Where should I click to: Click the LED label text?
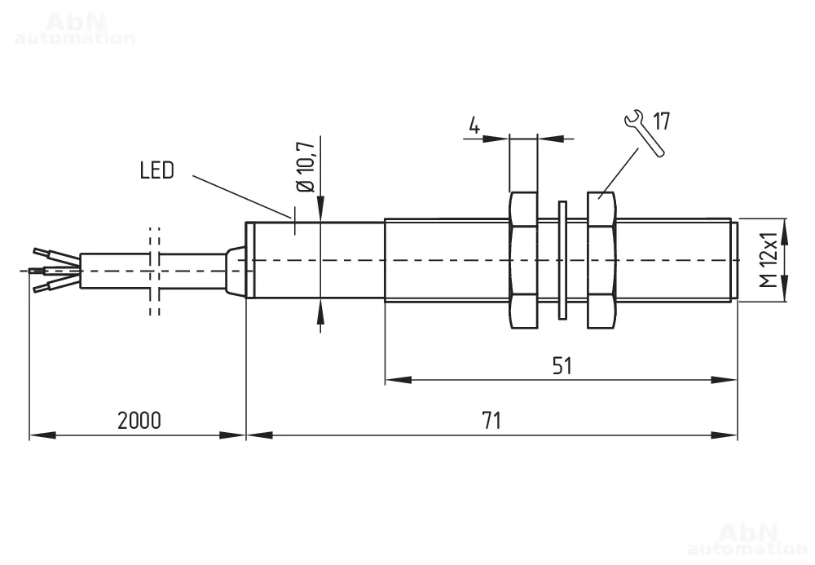pyautogui.click(x=156, y=170)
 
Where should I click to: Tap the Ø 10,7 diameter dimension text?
pyautogui.click(x=306, y=168)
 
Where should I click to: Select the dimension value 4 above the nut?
pyautogui.click(x=474, y=126)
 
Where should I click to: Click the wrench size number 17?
pyautogui.click(x=660, y=122)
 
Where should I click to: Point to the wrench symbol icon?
pyautogui.click(x=641, y=131)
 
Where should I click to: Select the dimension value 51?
pyautogui.click(x=561, y=365)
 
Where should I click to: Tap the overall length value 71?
pyautogui.click(x=490, y=421)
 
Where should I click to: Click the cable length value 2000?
pyautogui.click(x=139, y=421)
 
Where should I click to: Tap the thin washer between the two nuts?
pyautogui.click(x=562, y=260)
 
